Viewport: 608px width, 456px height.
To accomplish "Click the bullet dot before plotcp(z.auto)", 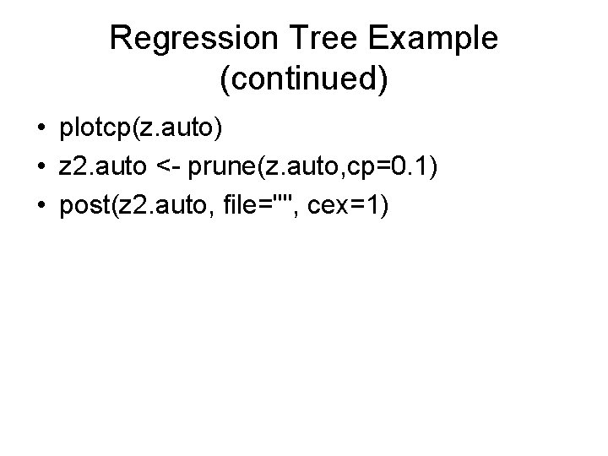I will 41,129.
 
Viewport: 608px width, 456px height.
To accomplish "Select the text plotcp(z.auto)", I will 140,129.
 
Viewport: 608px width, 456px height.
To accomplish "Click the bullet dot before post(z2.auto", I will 41,205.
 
